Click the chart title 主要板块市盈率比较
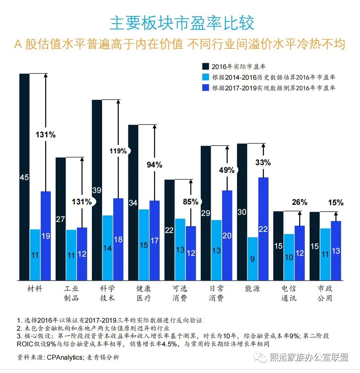(182, 24)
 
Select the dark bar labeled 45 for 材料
(24, 177)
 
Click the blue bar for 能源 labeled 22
(264, 229)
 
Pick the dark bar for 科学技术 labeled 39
(97, 190)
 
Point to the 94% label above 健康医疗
(154, 165)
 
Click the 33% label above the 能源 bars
(263, 162)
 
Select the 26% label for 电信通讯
(299, 203)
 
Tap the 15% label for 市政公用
(336, 203)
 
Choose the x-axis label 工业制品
(71, 293)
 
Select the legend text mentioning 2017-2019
(274, 88)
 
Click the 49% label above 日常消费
(227, 170)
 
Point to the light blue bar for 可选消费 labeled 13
(180, 249)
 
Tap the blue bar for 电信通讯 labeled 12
(299, 253)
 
